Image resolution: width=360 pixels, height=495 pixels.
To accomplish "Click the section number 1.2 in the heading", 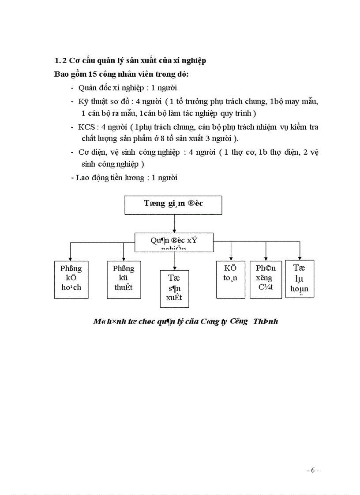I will (x=60, y=60).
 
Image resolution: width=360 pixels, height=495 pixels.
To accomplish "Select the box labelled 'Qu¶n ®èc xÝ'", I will (x=174, y=242).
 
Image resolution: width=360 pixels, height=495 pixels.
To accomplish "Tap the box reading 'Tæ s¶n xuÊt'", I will (x=174, y=289).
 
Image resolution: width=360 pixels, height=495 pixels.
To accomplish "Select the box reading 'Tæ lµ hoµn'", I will (x=300, y=279).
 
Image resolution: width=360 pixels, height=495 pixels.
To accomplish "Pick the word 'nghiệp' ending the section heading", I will (x=193, y=60).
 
